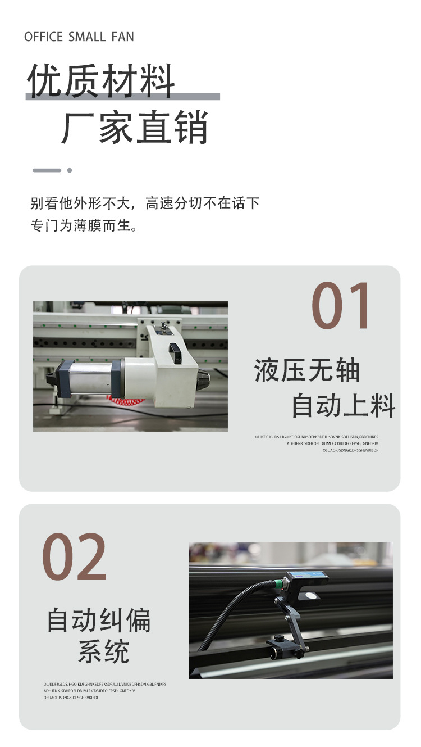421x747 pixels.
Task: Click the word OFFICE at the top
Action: (x=43, y=37)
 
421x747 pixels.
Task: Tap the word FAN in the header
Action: (x=122, y=37)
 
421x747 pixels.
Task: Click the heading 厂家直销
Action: (x=135, y=128)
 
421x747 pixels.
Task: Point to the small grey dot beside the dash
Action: (x=70, y=170)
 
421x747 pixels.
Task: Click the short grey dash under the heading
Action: (x=47, y=170)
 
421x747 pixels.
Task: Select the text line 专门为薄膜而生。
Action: (x=84, y=226)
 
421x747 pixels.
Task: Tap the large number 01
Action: (x=341, y=306)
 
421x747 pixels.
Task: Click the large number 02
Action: (x=74, y=557)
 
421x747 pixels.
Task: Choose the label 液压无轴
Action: (x=307, y=371)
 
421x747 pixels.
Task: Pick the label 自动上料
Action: (x=344, y=406)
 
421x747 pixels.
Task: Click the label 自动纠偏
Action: (x=99, y=621)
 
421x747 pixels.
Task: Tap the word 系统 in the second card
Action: (x=104, y=651)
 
